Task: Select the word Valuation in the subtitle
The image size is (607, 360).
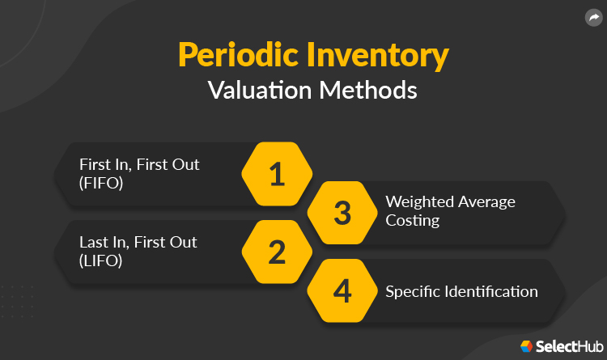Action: pyautogui.click(x=252, y=89)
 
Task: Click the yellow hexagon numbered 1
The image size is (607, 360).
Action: pyautogui.click(x=278, y=175)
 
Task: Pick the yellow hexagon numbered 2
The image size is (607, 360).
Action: pyautogui.click(x=278, y=252)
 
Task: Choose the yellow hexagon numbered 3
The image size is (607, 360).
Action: pyautogui.click(x=343, y=214)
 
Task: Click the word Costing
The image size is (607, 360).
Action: pyautogui.click(x=413, y=220)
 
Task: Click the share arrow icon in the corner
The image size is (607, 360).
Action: pyautogui.click(x=592, y=17)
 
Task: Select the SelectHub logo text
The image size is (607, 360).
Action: pyautogui.click(x=567, y=346)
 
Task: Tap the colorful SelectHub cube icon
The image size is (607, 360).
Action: pyautogui.click(x=527, y=346)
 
